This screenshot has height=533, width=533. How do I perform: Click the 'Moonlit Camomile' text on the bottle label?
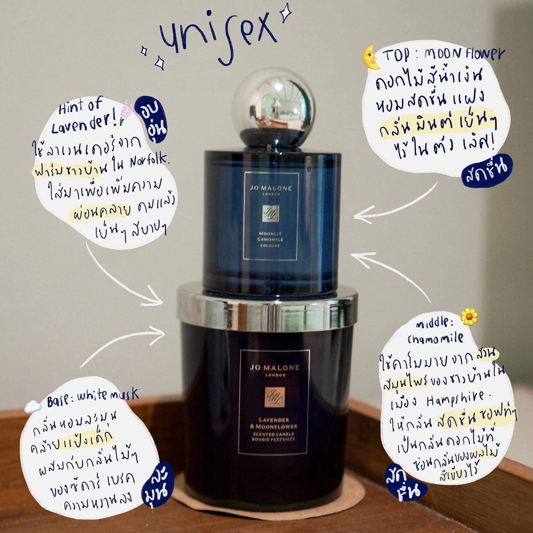(x=270, y=237)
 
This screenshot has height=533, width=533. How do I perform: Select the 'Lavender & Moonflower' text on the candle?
(x=273, y=423)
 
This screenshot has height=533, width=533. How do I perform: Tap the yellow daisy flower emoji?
(x=469, y=317)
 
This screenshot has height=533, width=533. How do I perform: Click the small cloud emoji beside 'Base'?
(x=33, y=406)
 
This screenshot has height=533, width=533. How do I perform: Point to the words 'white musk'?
(x=108, y=396)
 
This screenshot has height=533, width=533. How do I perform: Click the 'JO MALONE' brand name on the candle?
(x=274, y=368)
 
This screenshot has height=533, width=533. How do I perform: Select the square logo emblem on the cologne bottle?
(x=270, y=214)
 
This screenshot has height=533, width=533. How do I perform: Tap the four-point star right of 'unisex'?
(x=286, y=15)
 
